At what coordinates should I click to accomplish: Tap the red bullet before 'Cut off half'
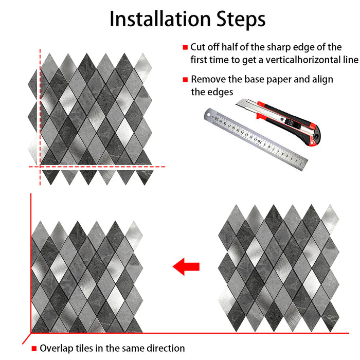185,47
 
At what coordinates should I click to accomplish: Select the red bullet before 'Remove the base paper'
185,80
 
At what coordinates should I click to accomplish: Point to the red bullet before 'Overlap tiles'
34,349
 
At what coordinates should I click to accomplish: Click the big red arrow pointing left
186,266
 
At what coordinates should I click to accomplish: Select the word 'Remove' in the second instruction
207,80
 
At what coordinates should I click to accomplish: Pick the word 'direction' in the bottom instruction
166,349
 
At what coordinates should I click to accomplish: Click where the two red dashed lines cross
40,167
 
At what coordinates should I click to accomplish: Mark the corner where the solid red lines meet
31,334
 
